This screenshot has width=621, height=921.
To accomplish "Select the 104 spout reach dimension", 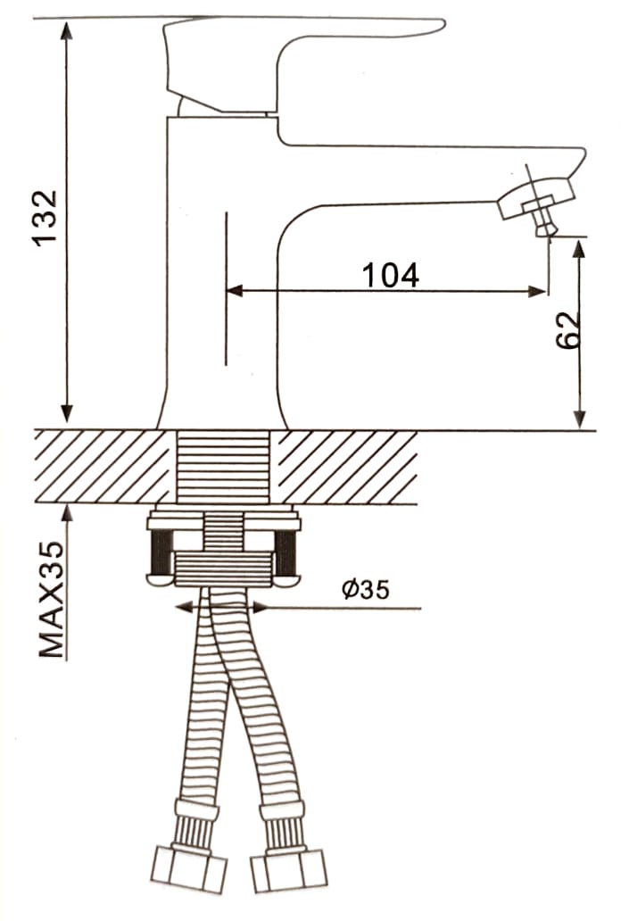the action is [x=391, y=275].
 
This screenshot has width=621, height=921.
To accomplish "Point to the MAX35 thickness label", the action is [x=51, y=599].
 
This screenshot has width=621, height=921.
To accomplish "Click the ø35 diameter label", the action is [x=366, y=589].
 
